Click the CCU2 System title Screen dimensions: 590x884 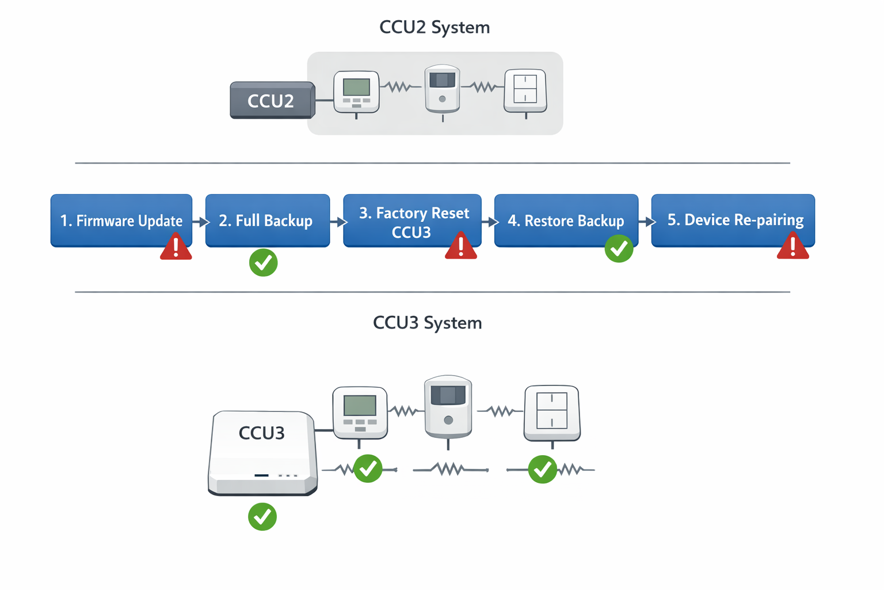pos(435,27)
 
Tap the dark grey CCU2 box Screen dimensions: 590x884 pos(271,101)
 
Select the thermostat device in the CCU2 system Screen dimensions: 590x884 pos(356,92)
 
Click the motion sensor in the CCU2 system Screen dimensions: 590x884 pos(442,89)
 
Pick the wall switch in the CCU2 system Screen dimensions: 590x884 pos(525,90)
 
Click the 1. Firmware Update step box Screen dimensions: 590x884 pos(121,220)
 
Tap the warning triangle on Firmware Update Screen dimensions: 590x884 pos(176,247)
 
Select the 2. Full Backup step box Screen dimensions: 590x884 pos(267,220)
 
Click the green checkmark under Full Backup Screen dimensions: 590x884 pos(264,263)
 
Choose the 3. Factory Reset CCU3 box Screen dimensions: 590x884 pos(412,221)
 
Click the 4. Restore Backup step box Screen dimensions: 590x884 pos(566,220)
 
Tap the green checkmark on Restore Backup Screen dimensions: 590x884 pos(619,249)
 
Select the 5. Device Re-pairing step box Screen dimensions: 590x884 pos(733,220)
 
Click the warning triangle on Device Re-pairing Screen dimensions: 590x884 pos(793,247)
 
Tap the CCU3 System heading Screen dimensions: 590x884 pos(427,323)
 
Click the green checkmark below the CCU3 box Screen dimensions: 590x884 pos(262,517)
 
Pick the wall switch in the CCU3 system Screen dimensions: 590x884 pos(551,413)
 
